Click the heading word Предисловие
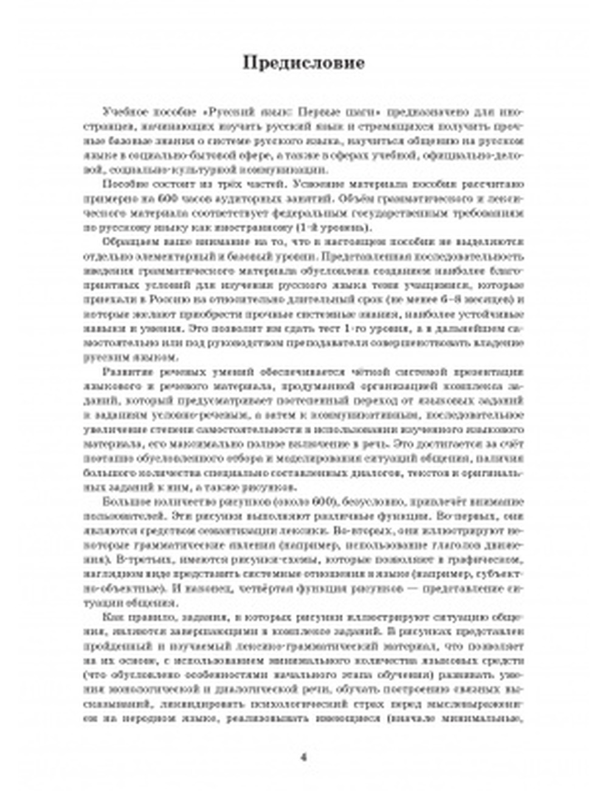(303, 63)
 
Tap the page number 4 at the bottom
(304, 757)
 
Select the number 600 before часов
(167, 199)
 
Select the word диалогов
(311, 473)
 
